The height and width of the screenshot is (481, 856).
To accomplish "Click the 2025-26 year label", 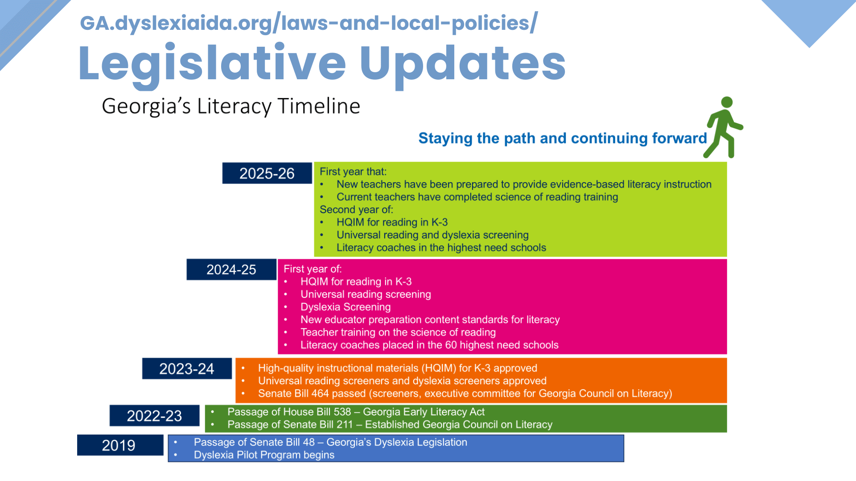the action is tap(267, 173).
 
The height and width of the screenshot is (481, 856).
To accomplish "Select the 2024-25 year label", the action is tap(231, 269).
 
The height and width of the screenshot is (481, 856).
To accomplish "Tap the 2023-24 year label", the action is tap(187, 369).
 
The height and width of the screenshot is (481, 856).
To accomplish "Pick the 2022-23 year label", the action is tap(154, 416).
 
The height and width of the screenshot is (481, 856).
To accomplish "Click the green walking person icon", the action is tap(723, 127).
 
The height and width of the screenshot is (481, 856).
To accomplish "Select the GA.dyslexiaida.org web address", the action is tap(309, 23).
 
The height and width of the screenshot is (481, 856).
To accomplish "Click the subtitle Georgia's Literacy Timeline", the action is tap(231, 106).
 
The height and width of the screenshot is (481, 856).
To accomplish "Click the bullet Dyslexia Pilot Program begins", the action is tap(264, 455).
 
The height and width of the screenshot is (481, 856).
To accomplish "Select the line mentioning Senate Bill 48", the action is tap(330, 442).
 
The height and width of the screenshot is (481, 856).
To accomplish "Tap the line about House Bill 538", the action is tap(356, 412).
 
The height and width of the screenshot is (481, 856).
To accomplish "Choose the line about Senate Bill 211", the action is tap(390, 424).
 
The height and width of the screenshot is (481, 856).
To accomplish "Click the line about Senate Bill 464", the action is tap(465, 394).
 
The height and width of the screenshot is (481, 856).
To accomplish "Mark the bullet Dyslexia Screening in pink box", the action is tap(346, 307).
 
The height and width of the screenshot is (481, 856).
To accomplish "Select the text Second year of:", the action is tap(356, 209).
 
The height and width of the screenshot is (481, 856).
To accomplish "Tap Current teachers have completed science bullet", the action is tap(477, 197).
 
